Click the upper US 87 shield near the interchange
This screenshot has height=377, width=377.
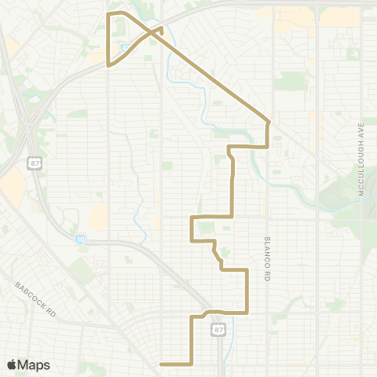(x=35, y=163)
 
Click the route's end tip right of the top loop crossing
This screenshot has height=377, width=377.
(x=162, y=29)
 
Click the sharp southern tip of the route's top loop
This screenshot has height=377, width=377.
(x=108, y=67)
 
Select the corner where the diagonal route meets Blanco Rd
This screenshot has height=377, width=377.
(x=269, y=122)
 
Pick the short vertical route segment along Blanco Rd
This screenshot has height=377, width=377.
(x=269, y=134)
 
